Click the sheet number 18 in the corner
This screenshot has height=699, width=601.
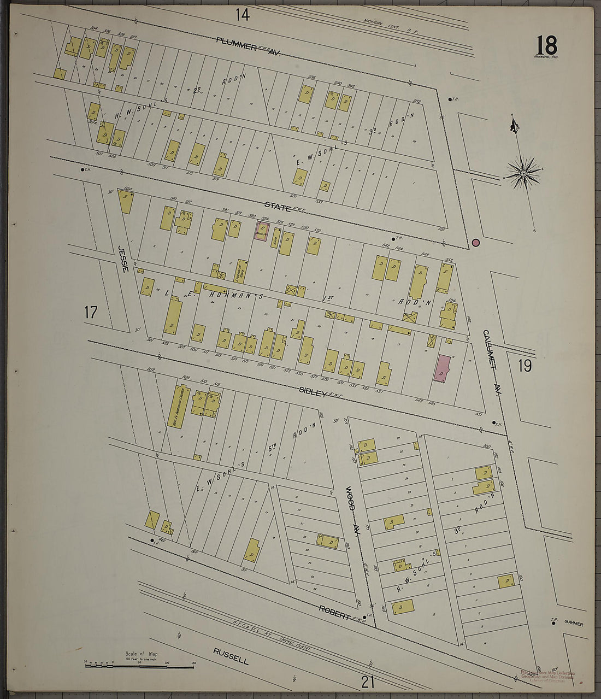point(546,44)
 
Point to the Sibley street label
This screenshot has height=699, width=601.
point(313,392)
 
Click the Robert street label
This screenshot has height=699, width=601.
point(334,612)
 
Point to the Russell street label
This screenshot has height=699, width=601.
point(231,656)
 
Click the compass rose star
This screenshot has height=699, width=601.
point(523,174)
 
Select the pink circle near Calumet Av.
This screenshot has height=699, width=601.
point(475,242)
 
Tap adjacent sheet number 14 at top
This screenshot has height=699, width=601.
point(243,15)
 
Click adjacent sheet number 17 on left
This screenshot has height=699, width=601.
point(91,313)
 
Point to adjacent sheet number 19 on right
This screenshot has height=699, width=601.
point(525,365)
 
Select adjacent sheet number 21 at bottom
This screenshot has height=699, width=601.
point(368,682)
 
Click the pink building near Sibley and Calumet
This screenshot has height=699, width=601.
point(442,368)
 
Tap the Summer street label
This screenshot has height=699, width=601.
point(574,624)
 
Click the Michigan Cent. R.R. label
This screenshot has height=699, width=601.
point(390,26)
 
